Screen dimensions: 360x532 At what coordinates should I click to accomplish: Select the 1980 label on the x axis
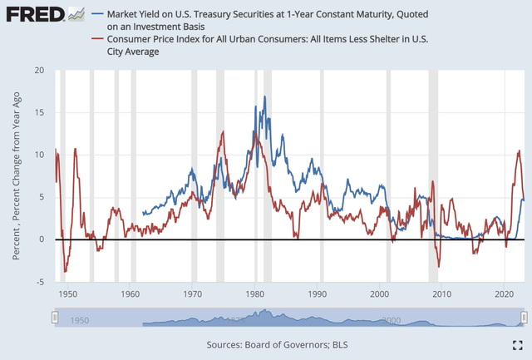(255, 293)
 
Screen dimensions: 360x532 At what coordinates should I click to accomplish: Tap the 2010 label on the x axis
(441, 293)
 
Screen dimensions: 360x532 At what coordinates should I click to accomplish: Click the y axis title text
(17, 177)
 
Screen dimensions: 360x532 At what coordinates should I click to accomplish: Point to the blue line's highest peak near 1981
(265, 96)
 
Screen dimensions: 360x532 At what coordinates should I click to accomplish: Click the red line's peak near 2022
(519, 151)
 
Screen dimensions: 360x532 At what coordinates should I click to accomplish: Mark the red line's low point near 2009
(439, 267)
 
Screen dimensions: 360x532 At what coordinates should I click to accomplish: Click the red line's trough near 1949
(65, 271)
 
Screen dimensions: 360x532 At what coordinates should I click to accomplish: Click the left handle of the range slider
(55, 318)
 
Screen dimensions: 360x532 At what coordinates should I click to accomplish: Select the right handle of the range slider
(524, 318)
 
